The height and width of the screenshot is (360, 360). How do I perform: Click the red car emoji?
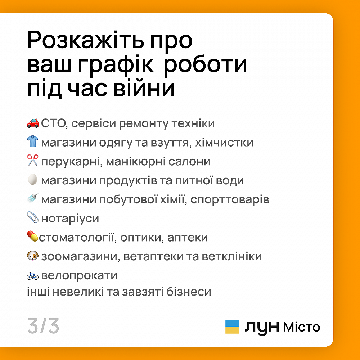(33, 123)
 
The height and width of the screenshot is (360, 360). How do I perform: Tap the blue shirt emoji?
(33, 141)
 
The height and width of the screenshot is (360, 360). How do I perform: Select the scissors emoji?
(33, 160)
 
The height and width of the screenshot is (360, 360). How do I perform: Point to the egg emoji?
(33, 179)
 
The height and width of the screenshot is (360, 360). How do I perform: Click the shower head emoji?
(33, 198)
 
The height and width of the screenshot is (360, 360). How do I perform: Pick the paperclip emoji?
(33, 217)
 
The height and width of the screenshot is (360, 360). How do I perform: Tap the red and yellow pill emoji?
(32, 236)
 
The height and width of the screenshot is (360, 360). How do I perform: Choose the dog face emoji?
(33, 256)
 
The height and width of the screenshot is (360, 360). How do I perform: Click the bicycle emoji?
(33, 275)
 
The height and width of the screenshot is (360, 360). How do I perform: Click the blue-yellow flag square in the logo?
(232, 327)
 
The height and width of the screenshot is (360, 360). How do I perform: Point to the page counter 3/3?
(43, 326)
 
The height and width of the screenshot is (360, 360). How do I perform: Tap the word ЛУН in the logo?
(262, 327)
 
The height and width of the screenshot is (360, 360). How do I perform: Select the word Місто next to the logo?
(302, 327)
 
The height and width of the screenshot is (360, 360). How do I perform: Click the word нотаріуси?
(70, 219)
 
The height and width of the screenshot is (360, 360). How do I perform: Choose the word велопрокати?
(79, 275)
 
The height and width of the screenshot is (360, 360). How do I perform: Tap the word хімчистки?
(224, 142)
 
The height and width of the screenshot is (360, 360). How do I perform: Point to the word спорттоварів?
(230, 200)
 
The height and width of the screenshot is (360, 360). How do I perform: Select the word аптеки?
(188, 238)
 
